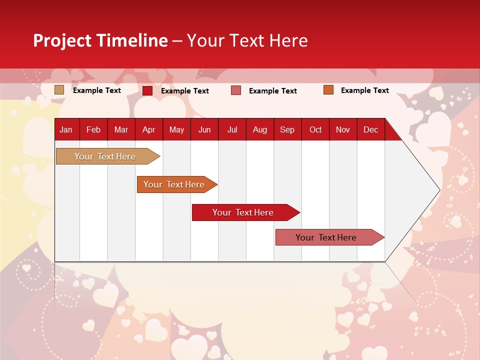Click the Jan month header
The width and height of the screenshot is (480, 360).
(x=66, y=129)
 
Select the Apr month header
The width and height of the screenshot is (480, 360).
(x=148, y=129)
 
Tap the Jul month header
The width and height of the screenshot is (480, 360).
(x=232, y=129)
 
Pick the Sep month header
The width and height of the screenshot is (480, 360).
(x=287, y=129)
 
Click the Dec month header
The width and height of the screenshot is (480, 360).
(x=370, y=129)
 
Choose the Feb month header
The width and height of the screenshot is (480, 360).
(x=93, y=129)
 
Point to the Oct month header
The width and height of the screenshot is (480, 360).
(x=315, y=129)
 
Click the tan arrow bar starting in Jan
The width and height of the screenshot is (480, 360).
(x=105, y=156)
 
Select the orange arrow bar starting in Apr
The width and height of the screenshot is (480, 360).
(x=174, y=184)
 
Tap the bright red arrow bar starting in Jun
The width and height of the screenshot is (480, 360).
(x=243, y=212)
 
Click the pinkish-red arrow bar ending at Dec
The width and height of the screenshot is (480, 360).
(x=326, y=237)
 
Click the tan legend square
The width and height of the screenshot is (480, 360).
(x=59, y=90)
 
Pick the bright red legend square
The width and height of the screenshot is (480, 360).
(x=147, y=90)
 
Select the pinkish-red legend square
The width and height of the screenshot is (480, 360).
(x=236, y=90)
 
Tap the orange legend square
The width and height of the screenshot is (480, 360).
(x=328, y=90)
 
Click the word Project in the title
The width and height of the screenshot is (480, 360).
(x=62, y=40)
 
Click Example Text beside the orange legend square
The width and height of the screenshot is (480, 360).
(x=364, y=90)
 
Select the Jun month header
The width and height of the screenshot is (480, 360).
(x=204, y=129)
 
